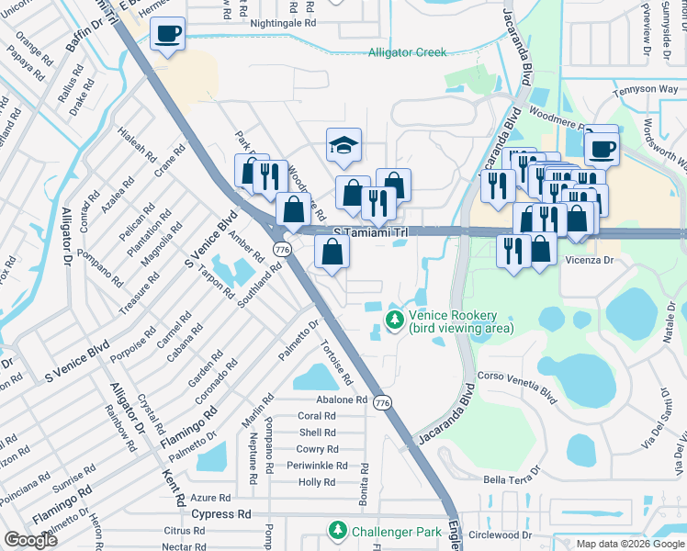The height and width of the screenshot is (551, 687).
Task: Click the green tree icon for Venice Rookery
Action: click(395, 320)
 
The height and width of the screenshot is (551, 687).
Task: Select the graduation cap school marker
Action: click(343, 145)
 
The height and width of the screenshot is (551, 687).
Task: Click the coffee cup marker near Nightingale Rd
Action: click(167, 35)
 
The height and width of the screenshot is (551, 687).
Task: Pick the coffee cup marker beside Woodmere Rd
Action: click(602, 147)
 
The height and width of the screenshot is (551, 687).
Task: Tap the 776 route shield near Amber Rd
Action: click(282, 250)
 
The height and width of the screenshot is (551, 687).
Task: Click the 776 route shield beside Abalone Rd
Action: click(383, 402)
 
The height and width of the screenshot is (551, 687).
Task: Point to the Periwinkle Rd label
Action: click(316, 466)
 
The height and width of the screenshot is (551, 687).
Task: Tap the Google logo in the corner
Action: click(30, 540)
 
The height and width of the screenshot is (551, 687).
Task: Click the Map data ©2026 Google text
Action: click(629, 544)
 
